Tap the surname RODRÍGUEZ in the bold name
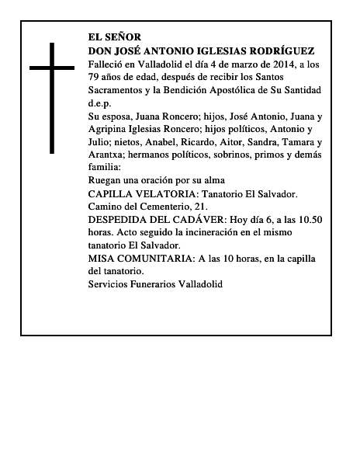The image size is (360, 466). coord(275,50)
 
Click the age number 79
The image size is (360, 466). coord(95,77)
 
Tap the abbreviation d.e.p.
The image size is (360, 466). coord(100,103)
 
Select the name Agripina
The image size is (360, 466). coord(111,130)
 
